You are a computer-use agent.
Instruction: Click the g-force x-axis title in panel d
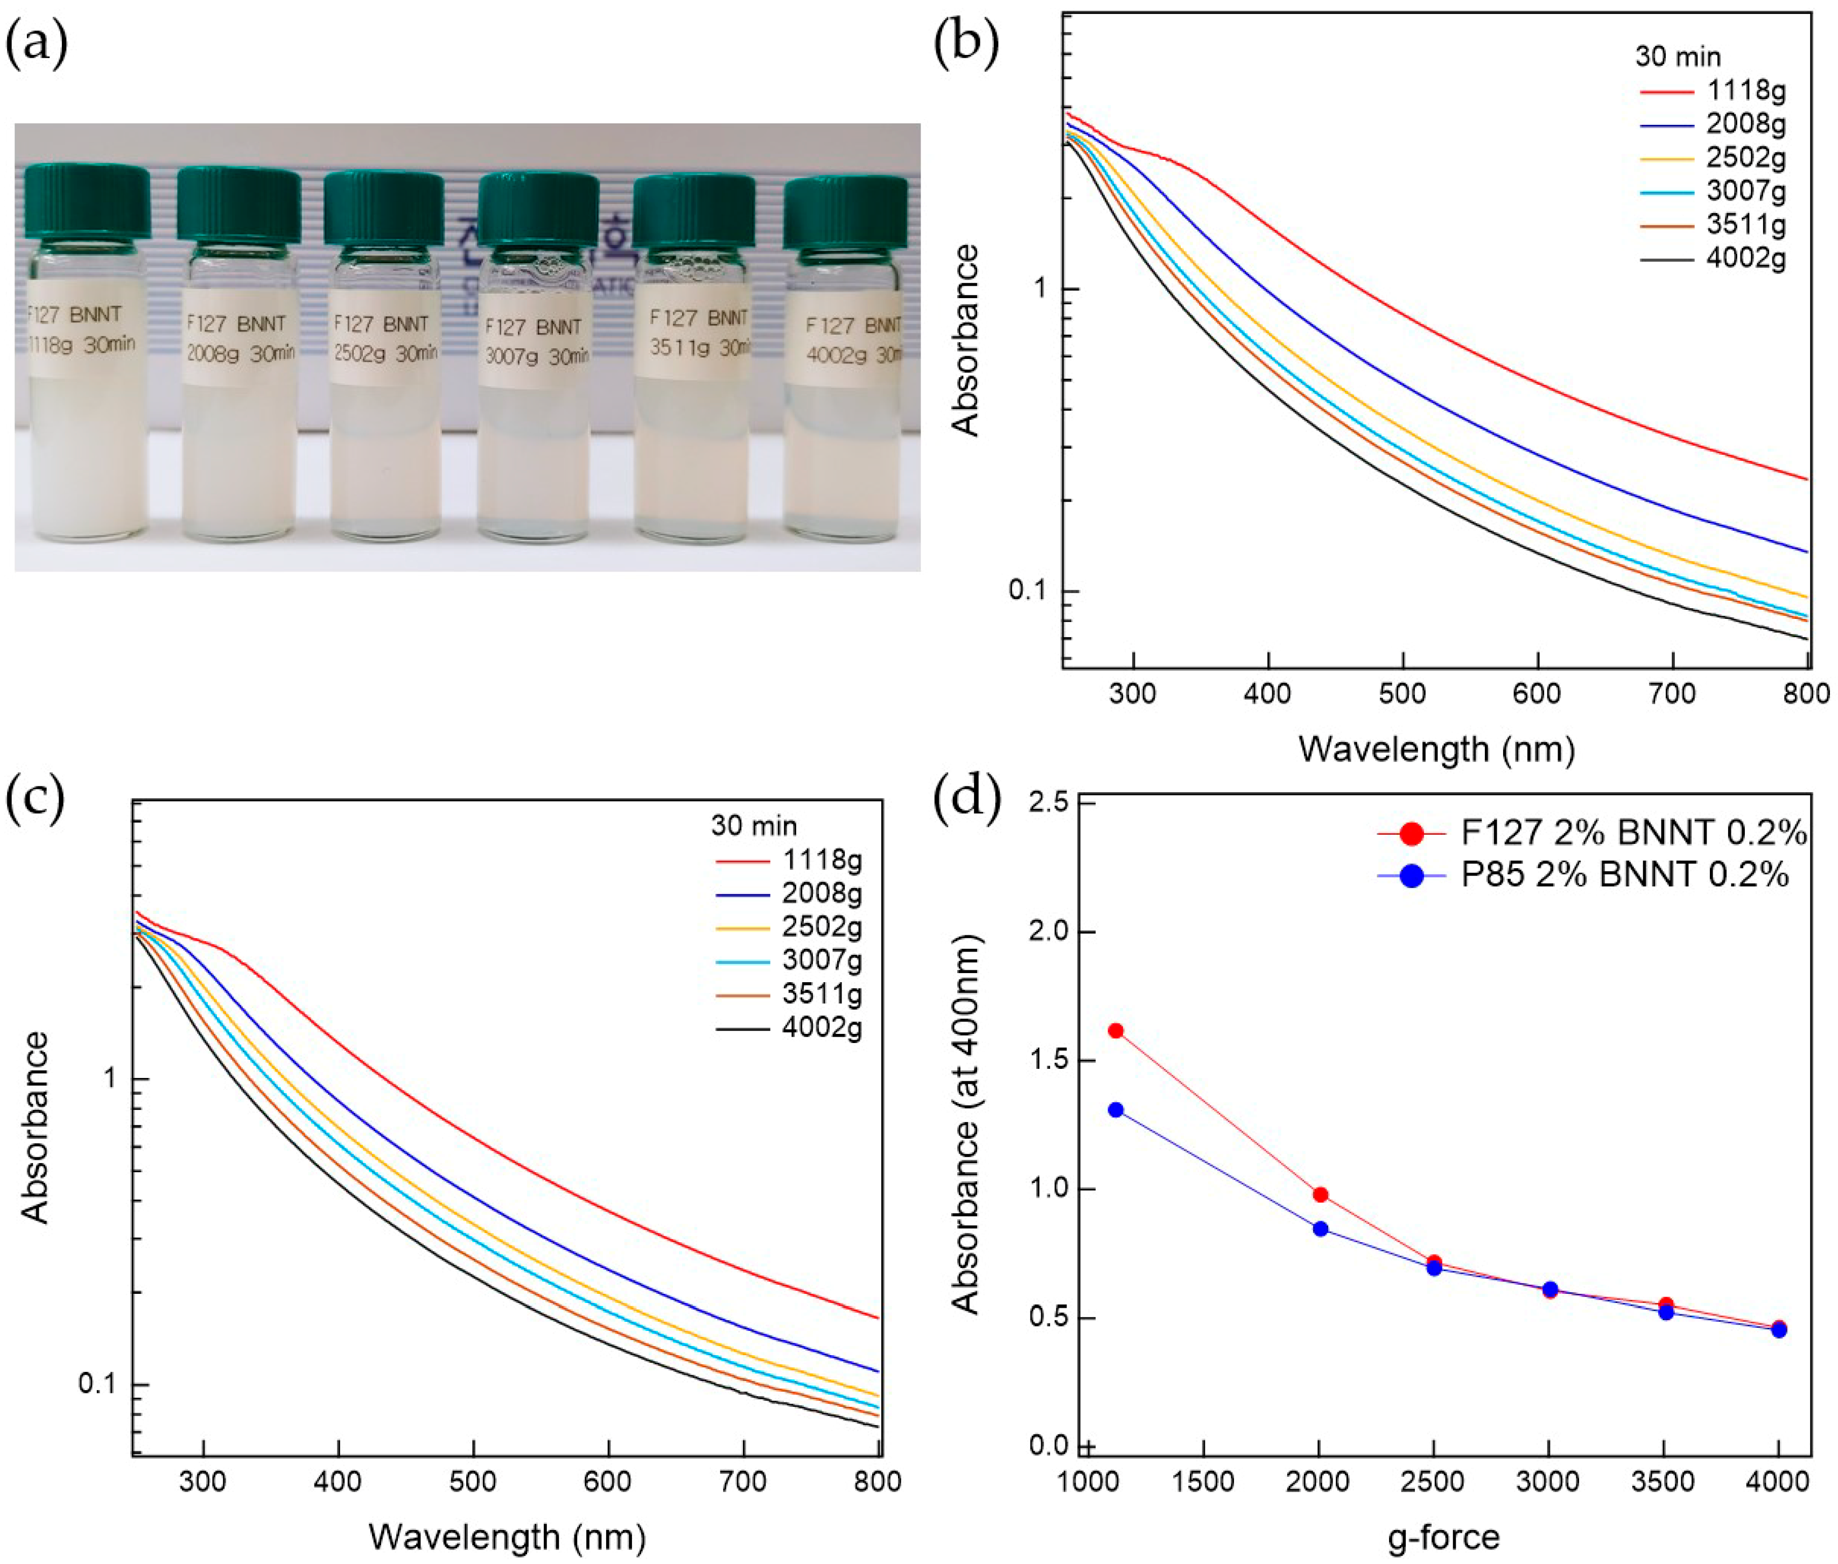[1443, 1537]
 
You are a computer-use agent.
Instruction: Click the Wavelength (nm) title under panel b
[1436, 749]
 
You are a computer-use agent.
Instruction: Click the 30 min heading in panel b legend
[1678, 57]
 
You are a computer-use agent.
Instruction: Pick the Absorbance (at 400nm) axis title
[965, 1124]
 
